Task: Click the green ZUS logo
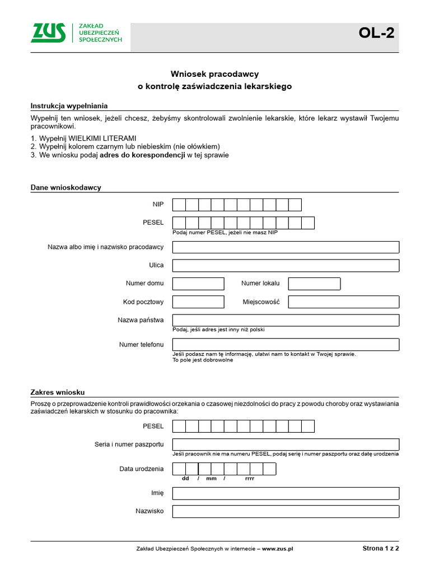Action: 48,33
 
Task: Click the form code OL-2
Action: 376,34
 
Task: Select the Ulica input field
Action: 286,266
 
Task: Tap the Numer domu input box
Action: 198,284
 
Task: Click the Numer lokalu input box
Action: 314,284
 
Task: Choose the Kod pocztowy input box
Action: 198,302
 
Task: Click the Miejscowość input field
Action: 343,302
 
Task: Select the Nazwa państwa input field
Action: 286,320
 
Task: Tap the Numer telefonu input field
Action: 286,344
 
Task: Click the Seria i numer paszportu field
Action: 286,445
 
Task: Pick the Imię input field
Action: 286,493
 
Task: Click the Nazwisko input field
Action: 286,511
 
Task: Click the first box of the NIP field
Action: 179,205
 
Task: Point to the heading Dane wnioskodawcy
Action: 66,188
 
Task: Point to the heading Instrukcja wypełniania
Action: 69,106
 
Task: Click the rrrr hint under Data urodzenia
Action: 250,479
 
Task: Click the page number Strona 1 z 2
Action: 380,549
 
